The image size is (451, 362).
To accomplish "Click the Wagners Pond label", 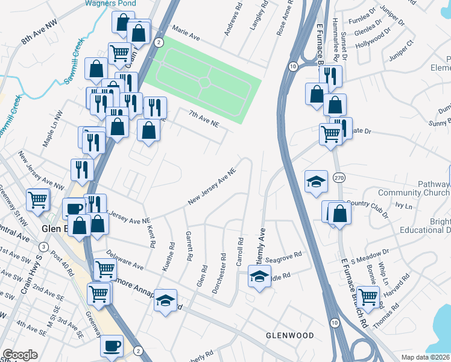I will pyautogui.click(x=110, y=4).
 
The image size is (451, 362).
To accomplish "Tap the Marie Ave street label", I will pyautogui.click(x=186, y=33).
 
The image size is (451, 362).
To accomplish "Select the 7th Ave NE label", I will pyautogui.click(x=203, y=118).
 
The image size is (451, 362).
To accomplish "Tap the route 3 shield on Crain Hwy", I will pyautogui.click(x=43, y=247).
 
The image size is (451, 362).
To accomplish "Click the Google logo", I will pyautogui.click(x=20, y=355).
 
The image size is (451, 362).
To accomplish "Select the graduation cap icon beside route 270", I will pyautogui.click(x=316, y=182).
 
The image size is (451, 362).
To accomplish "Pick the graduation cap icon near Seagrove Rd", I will pyautogui.click(x=259, y=278).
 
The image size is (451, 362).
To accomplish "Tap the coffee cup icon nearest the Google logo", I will pyautogui.click(x=112, y=347).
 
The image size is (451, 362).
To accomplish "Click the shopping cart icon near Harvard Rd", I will pyautogui.click(x=367, y=297).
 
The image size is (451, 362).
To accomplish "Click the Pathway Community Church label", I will pyautogui.click(x=414, y=188).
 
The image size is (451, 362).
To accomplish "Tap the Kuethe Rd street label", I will pyautogui.click(x=172, y=256).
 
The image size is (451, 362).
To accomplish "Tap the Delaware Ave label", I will pyautogui.click(x=125, y=261).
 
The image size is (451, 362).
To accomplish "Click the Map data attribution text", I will pyautogui.click(x=426, y=357).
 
